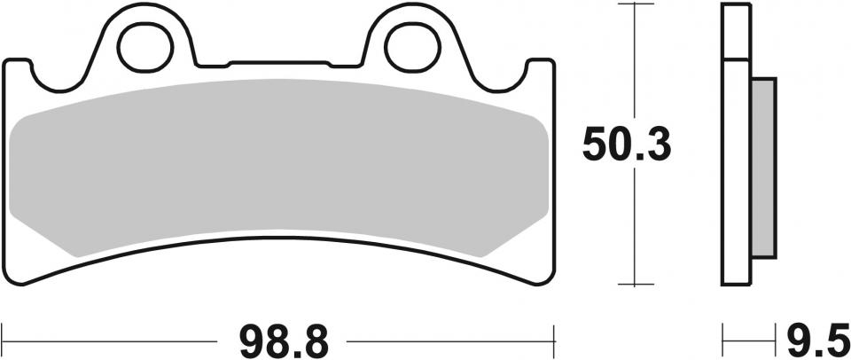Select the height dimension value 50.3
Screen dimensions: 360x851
(627, 144)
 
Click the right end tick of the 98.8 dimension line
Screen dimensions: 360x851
(554, 339)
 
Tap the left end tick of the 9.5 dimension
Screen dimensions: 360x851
(723, 339)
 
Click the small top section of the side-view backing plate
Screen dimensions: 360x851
(736, 32)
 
